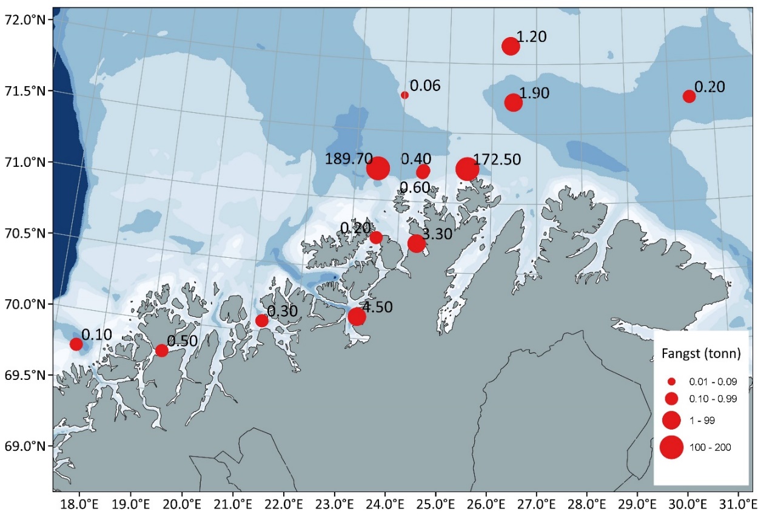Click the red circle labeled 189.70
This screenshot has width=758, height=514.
tap(378, 169)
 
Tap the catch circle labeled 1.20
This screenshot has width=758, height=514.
tap(511, 46)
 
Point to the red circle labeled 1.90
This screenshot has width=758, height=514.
tap(514, 103)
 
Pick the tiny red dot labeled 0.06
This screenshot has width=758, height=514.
tap(404, 95)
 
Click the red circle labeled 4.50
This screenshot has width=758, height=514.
tap(357, 317)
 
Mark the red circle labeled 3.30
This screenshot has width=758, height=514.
tap(417, 244)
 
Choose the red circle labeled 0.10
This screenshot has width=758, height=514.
tap(76, 344)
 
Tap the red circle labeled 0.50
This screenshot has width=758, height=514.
tap(162, 350)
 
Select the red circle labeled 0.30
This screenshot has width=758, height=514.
tap(262, 320)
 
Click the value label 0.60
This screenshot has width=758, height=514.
tap(415, 188)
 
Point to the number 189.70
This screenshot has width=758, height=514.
tap(349, 159)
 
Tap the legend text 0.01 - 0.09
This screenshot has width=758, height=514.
tap(708, 382)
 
